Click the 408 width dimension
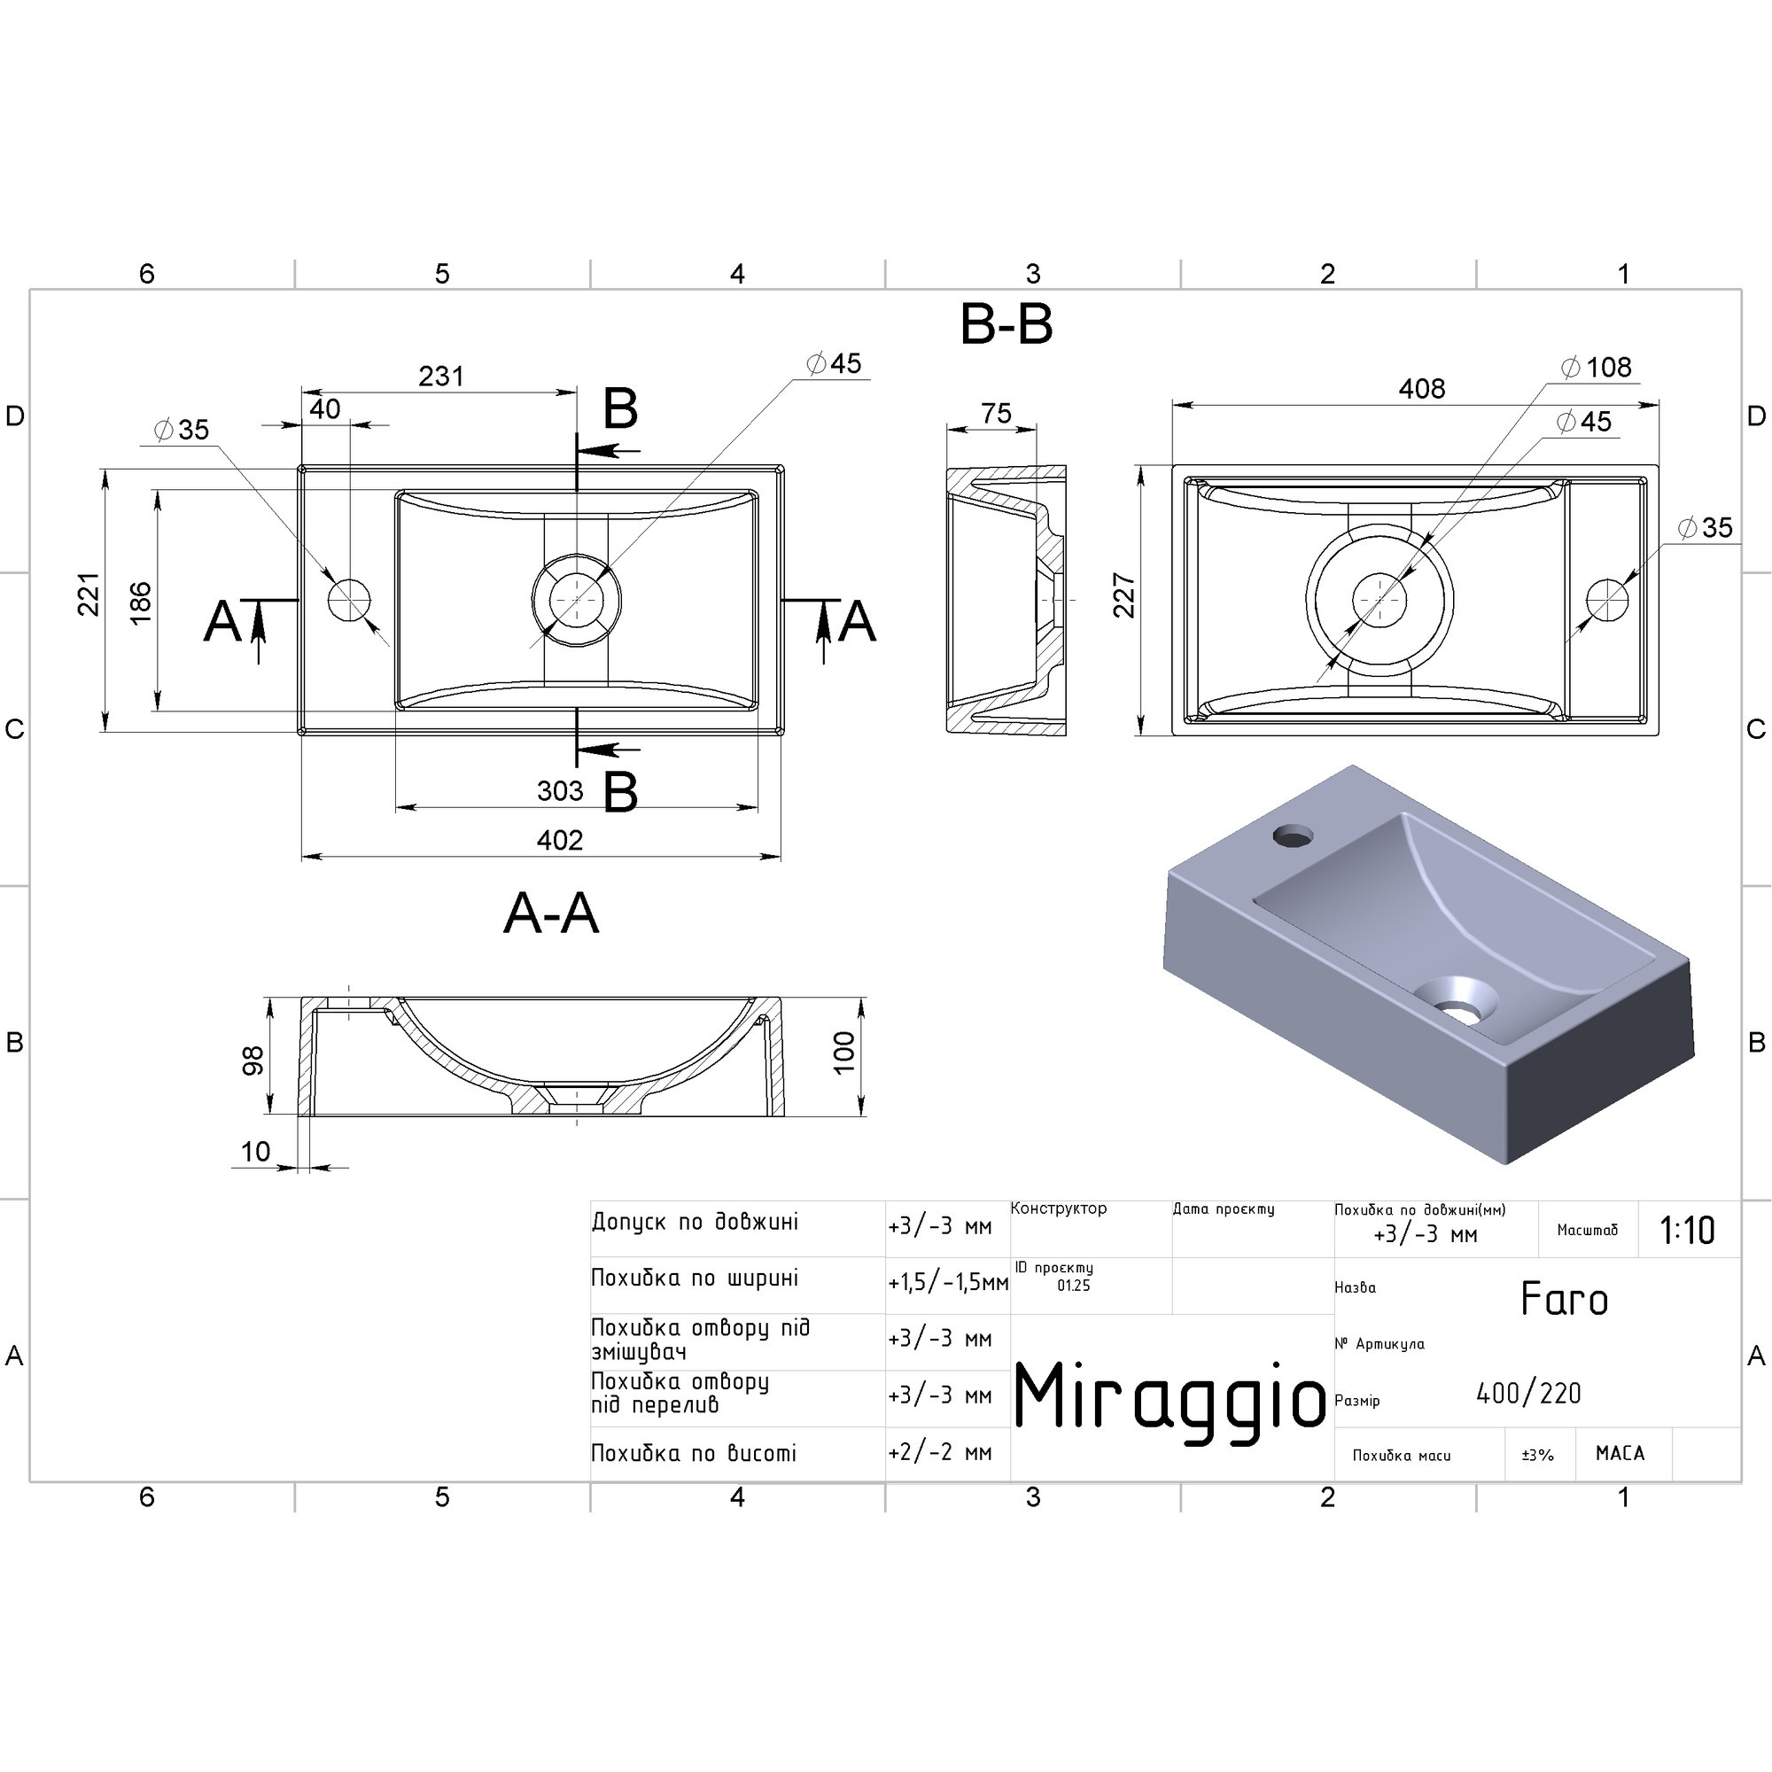1422,389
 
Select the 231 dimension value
441,376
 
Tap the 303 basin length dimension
559,790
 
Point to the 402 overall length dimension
559,840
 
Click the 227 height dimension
1124,595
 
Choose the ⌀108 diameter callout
1597,368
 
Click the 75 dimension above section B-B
996,414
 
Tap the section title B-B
1006,324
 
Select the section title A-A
551,914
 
